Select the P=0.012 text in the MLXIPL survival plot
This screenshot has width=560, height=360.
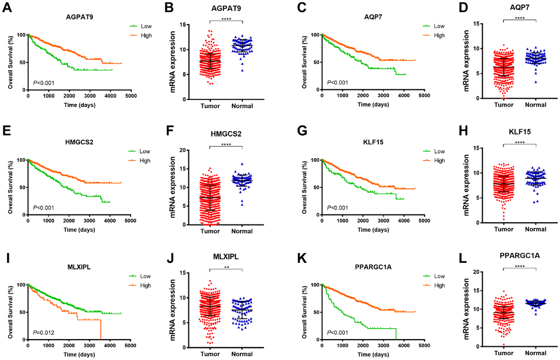click(x=46, y=332)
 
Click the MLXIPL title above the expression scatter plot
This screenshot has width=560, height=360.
click(x=226, y=256)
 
